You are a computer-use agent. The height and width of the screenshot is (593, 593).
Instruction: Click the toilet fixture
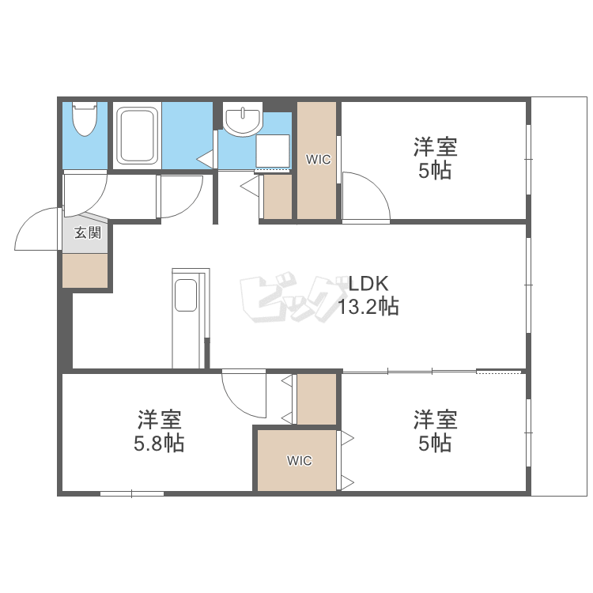[x=85, y=119]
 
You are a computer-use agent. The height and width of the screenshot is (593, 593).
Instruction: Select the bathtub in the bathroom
[x=137, y=135]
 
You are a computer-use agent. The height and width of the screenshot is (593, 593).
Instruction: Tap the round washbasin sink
[x=243, y=119]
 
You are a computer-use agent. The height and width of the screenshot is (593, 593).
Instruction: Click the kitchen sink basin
[x=186, y=296]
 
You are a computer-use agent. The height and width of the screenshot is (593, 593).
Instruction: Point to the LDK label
[x=368, y=284]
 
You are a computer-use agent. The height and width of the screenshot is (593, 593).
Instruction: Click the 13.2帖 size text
[x=368, y=306]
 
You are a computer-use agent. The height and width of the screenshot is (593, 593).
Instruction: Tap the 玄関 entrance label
[x=88, y=232]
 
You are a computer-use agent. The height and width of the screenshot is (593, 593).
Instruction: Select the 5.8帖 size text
[x=159, y=443]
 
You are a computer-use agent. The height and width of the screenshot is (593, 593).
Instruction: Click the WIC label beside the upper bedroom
[x=318, y=160]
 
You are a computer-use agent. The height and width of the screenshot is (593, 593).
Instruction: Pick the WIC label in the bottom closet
[x=300, y=461]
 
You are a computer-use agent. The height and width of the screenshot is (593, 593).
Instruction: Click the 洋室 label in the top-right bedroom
[x=436, y=147]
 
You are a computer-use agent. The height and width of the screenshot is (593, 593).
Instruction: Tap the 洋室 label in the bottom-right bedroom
[x=436, y=420]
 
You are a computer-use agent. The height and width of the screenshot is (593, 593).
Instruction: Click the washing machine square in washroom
[x=273, y=151]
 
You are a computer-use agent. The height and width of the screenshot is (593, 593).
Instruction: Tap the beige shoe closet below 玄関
[x=85, y=270]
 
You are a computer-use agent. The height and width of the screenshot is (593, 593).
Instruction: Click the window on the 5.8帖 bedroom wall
[x=132, y=493]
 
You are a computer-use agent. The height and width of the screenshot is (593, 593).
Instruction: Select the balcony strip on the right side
[x=559, y=296]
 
